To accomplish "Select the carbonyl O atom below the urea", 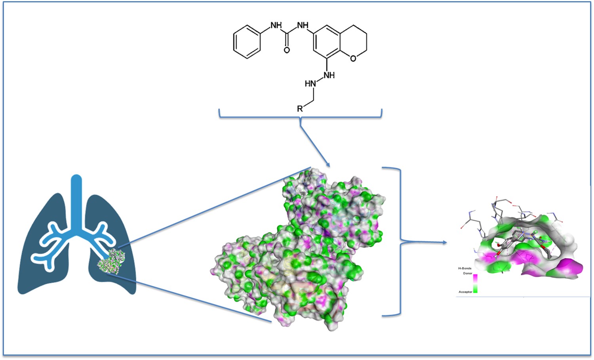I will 287,50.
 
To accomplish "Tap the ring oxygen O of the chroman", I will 353,58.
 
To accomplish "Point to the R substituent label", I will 300,109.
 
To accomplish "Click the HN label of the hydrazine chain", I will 310,84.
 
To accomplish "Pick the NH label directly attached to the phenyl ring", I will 276,25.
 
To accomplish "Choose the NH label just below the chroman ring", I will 329,75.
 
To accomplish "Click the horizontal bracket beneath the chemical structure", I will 300,117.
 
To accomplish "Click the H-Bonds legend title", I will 465,268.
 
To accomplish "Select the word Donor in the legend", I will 468,273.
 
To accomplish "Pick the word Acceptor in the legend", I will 465,292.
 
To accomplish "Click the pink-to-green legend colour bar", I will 475,284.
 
